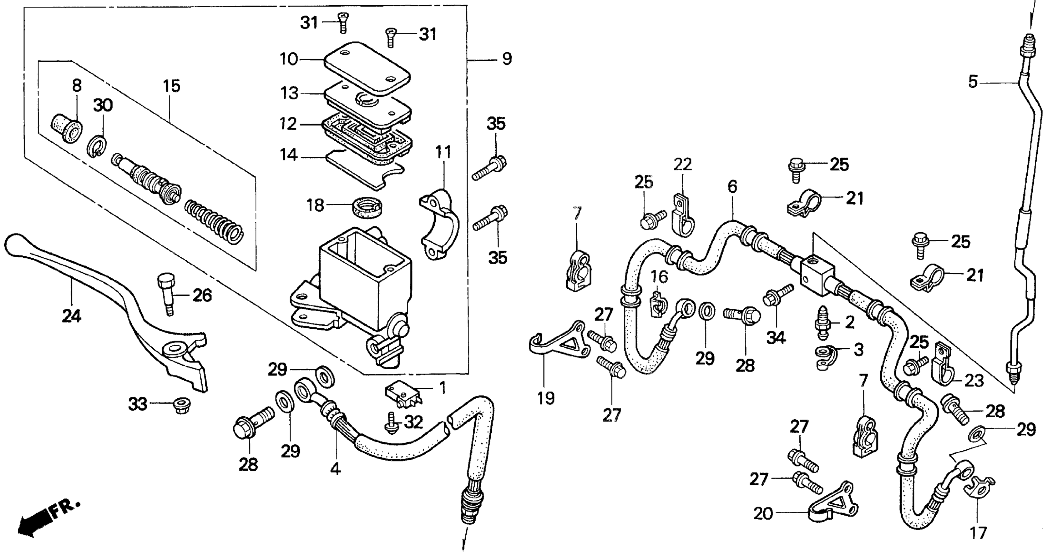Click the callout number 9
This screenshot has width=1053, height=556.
(506, 59)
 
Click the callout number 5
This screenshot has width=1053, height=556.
(973, 82)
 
